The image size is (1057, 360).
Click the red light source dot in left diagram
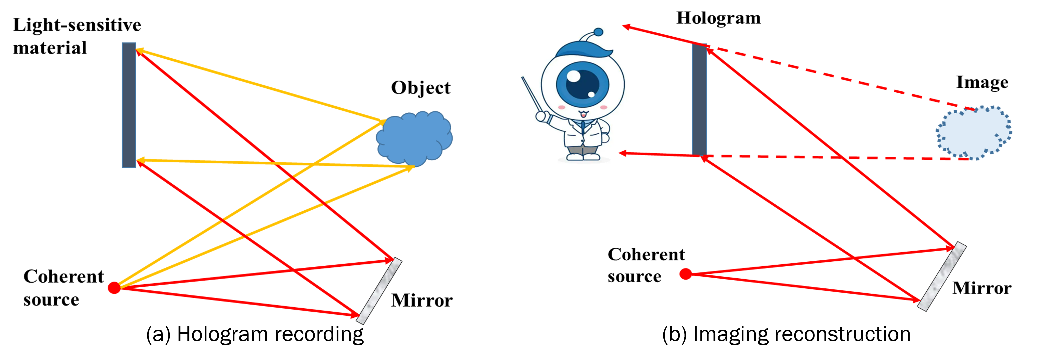pyautogui.click(x=114, y=288)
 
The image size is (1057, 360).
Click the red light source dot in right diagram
pyautogui.click(x=685, y=274)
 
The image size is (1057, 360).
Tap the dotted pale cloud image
pyautogui.click(x=973, y=133)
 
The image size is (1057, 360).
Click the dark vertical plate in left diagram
pyautogui.click(x=129, y=105)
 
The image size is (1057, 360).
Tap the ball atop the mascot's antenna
pyautogui.click(x=598, y=32)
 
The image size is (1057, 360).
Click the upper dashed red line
pyautogui.click(x=841, y=78)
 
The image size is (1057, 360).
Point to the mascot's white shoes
pyautogui.click(x=583, y=157)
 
